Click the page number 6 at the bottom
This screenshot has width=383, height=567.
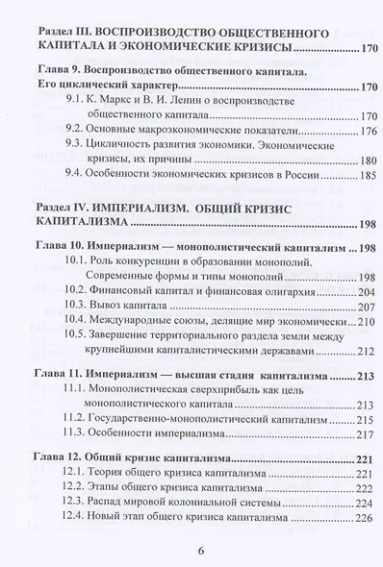tap(201, 551)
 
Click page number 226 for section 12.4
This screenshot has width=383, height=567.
tap(345, 552)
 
